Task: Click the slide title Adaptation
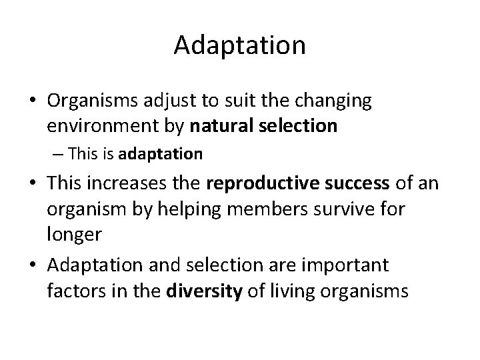coord(239,45)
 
